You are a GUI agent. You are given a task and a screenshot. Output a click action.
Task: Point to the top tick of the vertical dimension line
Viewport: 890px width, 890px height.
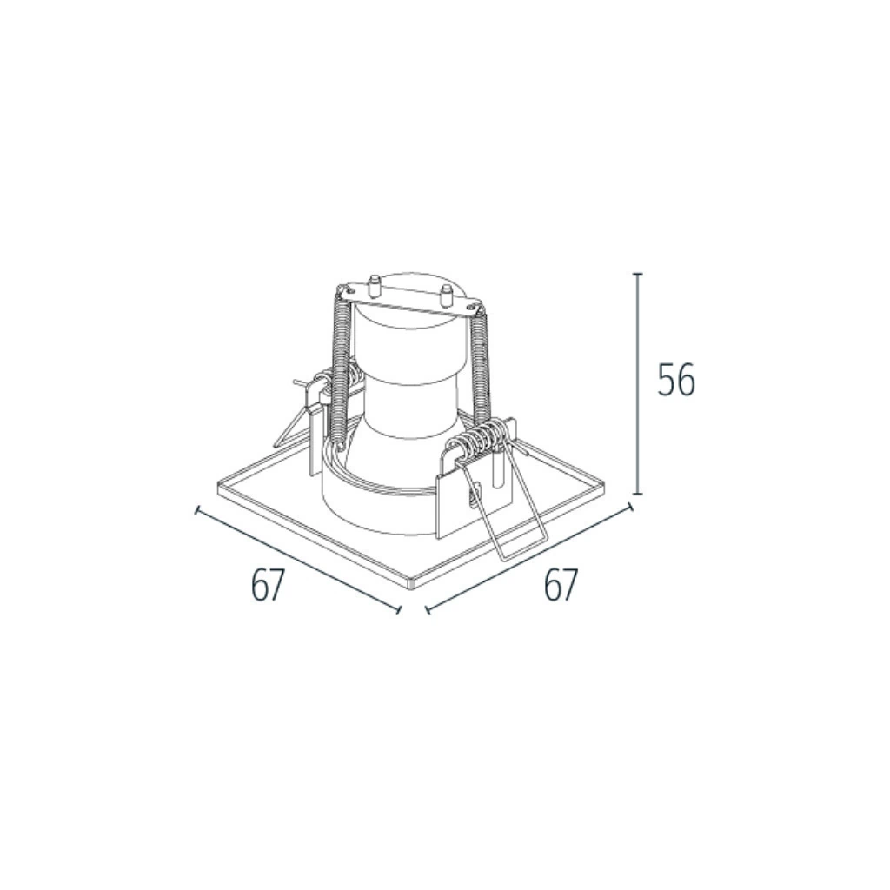pos(639,274)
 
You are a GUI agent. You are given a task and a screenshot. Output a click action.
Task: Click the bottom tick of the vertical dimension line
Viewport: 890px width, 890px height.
pos(639,494)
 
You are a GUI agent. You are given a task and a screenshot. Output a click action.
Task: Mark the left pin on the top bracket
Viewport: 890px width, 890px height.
pos(374,285)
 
